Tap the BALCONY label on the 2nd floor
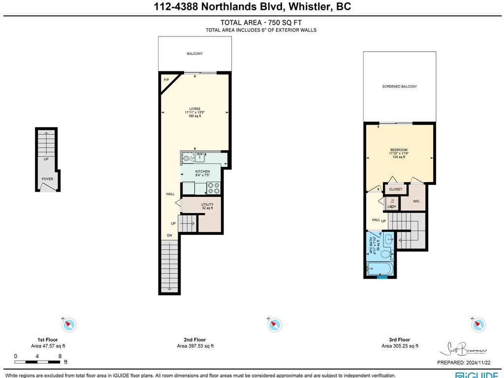(194, 54)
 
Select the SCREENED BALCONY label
(399, 87)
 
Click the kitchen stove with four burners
(214, 188)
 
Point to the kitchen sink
(200, 158)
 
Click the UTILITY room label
(207, 204)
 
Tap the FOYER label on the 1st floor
(47, 179)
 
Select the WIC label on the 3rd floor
(416, 201)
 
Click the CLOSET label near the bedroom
(395, 189)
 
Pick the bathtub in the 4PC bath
(380, 269)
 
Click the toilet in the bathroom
(387, 254)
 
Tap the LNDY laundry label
(392, 206)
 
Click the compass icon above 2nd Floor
(274, 324)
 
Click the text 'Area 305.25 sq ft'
(400, 346)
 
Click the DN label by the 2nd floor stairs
(169, 235)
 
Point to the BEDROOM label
(399, 150)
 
